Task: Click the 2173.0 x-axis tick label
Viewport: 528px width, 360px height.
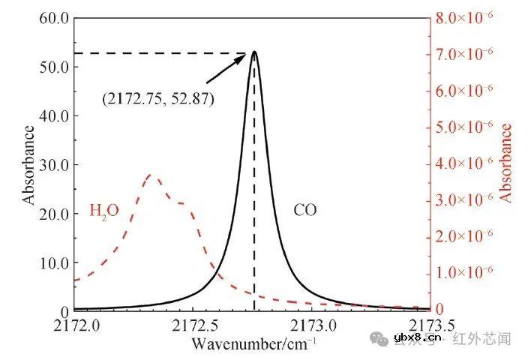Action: click(x=313, y=327)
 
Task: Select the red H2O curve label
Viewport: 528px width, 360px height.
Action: click(x=104, y=210)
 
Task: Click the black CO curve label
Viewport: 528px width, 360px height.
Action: click(x=304, y=210)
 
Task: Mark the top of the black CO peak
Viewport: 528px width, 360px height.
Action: click(x=254, y=52)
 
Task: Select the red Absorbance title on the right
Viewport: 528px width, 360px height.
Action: click(x=506, y=163)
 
